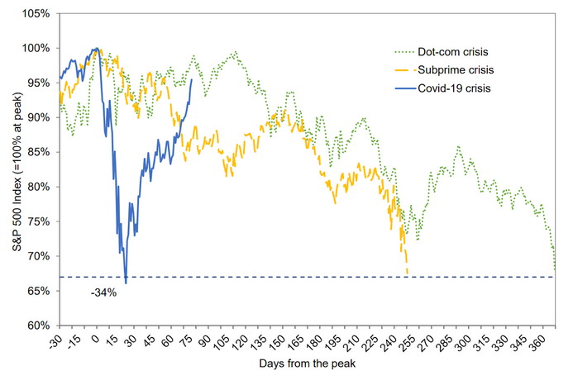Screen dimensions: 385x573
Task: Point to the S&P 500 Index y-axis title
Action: point(11,169)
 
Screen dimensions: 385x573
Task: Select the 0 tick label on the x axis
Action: point(97,336)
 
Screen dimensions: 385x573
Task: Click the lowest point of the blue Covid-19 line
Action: point(126,283)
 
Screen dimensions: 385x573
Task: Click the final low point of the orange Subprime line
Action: point(407,273)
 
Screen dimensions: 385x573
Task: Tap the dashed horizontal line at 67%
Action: point(331,277)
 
